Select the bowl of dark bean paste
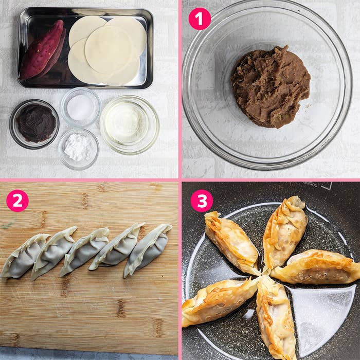tap(34, 123)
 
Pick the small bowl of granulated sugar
tap(80, 107)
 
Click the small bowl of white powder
tap(78, 148)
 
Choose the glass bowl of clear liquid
tap(129, 123)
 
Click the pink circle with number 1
tap(200, 19)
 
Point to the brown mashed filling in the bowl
tap(270, 86)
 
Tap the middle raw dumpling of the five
tap(85, 251)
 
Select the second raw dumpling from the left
tap(53, 253)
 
